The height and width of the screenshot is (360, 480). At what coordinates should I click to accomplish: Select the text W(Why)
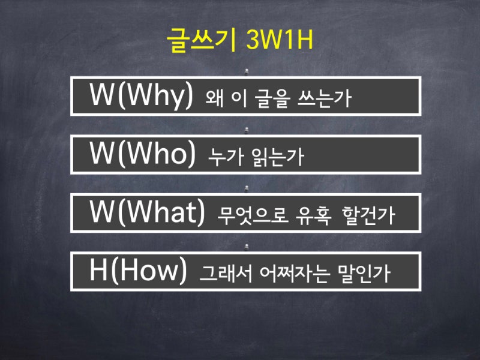coord(142,96)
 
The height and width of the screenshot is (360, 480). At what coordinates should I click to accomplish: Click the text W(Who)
coord(143,154)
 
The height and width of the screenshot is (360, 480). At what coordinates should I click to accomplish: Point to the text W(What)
coord(148,212)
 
